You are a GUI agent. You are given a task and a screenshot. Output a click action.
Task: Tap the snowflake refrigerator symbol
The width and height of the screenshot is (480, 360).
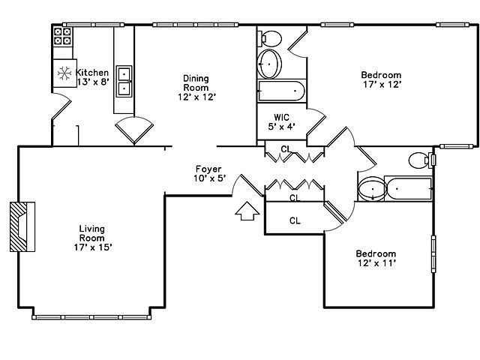click(x=64, y=73)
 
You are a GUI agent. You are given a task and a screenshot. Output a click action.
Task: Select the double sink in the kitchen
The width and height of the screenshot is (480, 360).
click(x=124, y=81)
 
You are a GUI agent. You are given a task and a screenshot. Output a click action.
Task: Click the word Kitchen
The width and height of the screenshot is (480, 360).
click(x=92, y=73)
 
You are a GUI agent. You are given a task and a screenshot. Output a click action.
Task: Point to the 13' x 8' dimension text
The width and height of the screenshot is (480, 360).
click(x=92, y=82)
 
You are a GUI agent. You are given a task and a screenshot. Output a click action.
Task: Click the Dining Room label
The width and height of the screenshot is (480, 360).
click(x=196, y=82)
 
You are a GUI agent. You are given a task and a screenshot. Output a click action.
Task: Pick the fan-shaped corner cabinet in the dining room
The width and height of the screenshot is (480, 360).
click(x=134, y=129)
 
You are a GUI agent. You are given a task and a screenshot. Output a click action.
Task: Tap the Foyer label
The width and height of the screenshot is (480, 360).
click(x=208, y=169)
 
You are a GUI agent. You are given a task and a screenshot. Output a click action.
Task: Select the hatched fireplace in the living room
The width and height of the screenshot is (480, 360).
click(x=22, y=226)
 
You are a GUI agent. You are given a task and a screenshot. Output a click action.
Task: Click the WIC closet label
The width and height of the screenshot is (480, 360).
click(x=281, y=117)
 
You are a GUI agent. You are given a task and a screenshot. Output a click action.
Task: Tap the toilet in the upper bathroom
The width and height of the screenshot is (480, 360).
click(x=271, y=37)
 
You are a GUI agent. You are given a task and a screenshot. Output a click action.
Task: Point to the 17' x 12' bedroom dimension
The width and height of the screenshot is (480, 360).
click(x=381, y=84)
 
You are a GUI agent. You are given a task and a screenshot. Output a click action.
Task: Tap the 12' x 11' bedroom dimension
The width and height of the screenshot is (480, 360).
click(x=376, y=263)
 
